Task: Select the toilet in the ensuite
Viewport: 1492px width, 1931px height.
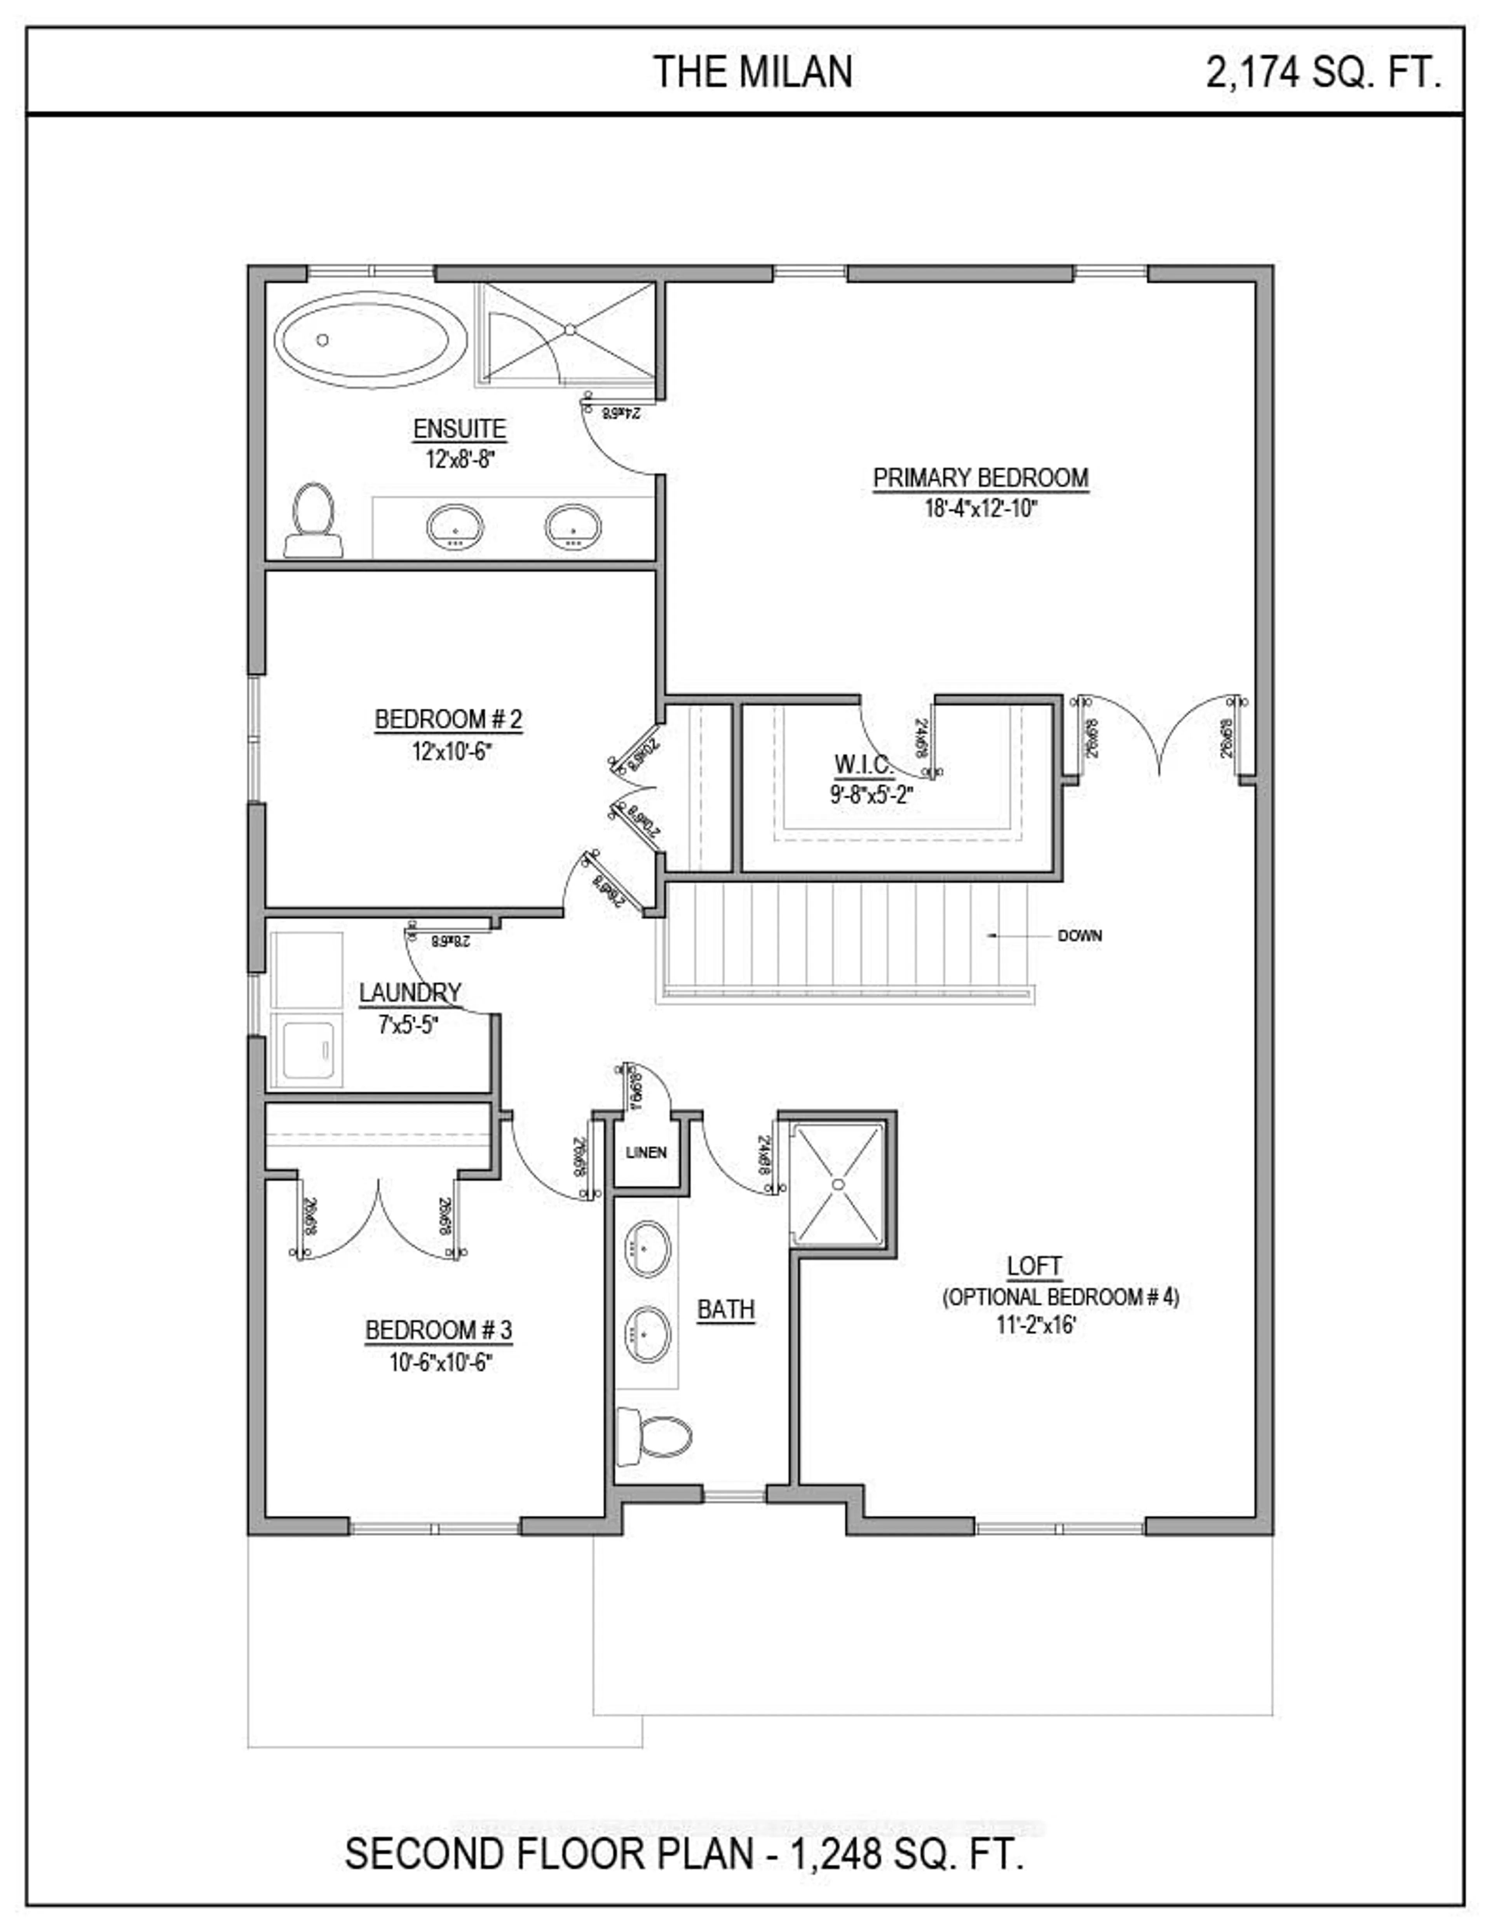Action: pyautogui.click(x=313, y=520)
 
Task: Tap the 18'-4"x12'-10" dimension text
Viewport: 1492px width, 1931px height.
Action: pyautogui.click(x=980, y=509)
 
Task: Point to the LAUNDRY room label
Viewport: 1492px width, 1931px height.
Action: pyautogui.click(x=410, y=993)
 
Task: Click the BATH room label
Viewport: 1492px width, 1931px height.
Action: pyautogui.click(x=725, y=1309)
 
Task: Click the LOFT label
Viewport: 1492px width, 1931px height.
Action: pyautogui.click(x=1034, y=1266)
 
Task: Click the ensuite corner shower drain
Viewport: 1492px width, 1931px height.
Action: pyautogui.click(x=570, y=330)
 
